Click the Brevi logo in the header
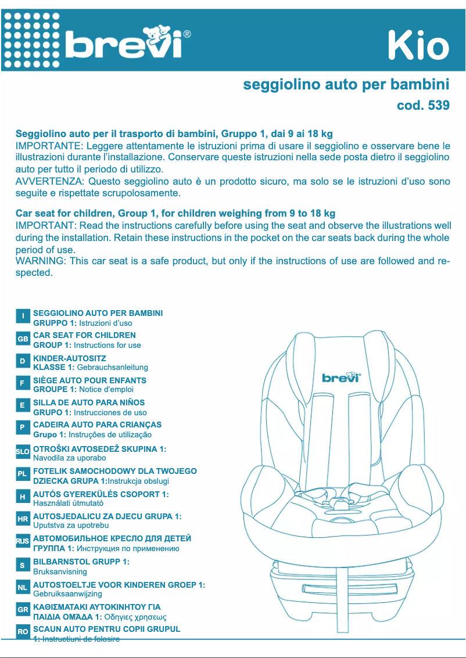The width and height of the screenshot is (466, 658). pos(125,43)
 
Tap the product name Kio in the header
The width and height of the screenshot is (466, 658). pos(418,46)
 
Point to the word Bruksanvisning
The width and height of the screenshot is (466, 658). pos(60,571)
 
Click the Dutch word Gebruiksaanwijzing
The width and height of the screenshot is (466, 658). pos(67,594)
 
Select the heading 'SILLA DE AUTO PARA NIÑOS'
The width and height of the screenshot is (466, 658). pos(89,402)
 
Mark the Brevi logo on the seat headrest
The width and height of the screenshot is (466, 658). pos(342,378)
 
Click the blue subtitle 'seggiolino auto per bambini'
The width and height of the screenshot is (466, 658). pos(346,85)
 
